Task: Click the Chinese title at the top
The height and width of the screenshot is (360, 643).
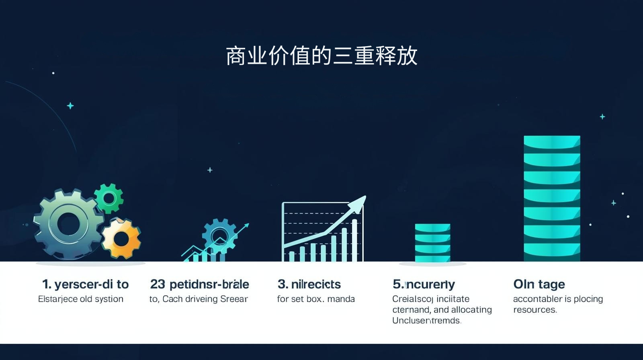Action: [x=321, y=56]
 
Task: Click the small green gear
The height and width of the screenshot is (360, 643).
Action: [x=109, y=198]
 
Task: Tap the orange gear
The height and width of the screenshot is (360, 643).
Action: [x=121, y=239]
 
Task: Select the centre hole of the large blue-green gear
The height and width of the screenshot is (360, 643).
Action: [x=67, y=224]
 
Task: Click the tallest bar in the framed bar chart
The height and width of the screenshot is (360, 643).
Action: [x=354, y=240]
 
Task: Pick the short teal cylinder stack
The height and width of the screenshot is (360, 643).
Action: [x=432, y=243]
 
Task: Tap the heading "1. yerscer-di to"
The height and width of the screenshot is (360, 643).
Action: [x=85, y=284]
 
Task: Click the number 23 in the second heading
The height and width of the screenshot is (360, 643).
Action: [x=158, y=284]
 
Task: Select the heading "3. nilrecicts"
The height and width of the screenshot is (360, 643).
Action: [x=309, y=284]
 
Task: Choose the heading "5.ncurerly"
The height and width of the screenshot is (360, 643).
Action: [x=424, y=284]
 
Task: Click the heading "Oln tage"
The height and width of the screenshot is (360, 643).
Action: [x=539, y=284]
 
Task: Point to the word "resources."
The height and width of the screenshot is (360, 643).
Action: [x=535, y=310]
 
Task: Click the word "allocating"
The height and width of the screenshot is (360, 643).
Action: [x=471, y=310]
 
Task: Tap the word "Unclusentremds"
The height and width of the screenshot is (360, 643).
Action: [x=426, y=321]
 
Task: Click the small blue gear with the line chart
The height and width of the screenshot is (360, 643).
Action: [x=219, y=235]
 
